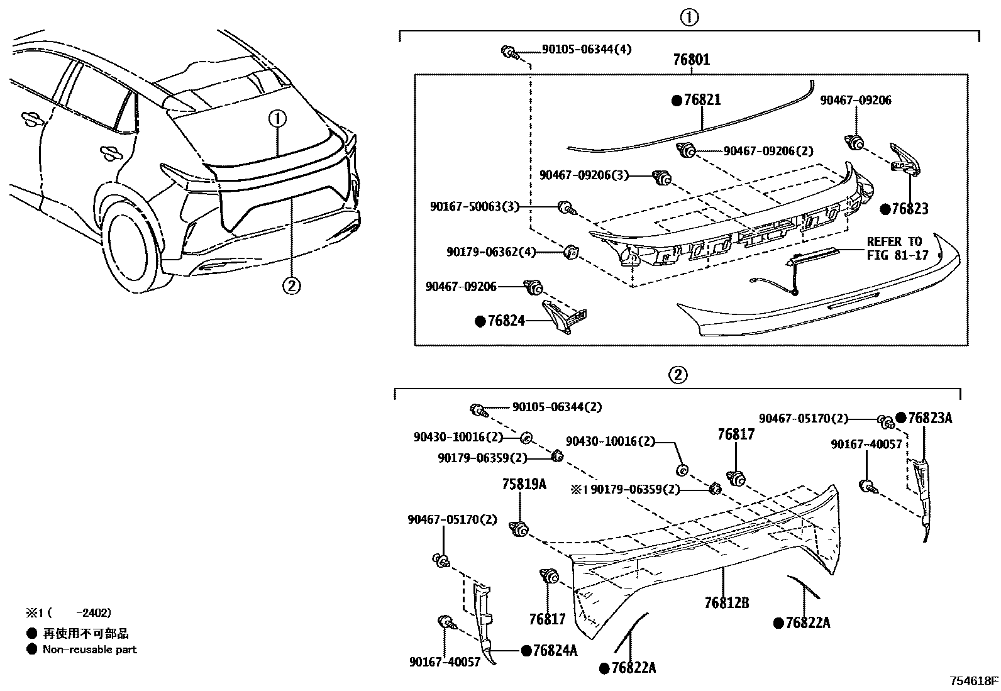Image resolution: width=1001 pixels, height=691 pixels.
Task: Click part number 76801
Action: [x=691, y=60]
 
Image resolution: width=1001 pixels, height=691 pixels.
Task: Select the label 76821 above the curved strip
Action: [x=701, y=100]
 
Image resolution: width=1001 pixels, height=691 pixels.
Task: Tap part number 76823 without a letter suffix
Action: [x=909, y=209]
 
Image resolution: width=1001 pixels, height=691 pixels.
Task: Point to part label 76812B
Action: [x=726, y=603]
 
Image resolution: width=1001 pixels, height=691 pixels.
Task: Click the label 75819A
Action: [x=524, y=484]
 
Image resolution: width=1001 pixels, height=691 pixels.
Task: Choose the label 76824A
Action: [x=554, y=651]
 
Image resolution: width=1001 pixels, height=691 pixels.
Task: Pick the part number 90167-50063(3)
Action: [x=475, y=206]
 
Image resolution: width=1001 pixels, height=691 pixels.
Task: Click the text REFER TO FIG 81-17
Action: [x=894, y=248]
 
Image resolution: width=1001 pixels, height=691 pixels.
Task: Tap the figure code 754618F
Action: [x=973, y=680]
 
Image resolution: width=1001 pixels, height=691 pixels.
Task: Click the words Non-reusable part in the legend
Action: [x=89, y=650]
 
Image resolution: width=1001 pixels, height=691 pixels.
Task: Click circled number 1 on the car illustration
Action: [x=277, y=118]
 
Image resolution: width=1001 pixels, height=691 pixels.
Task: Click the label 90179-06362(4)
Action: [x=491, y=252]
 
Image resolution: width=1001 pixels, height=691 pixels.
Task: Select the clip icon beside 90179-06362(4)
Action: [x=572, y=252]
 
